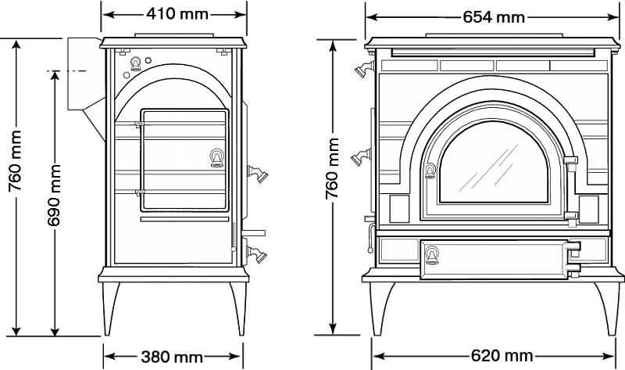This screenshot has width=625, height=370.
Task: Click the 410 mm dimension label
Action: pyautogui.click(x=177, y=14)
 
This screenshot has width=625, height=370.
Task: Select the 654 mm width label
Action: pyautogui.click(x=494, y=17)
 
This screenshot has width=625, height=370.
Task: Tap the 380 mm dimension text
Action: pyautogui.click(x=172, y=357)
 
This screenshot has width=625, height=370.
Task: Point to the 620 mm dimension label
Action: pyautogui.click(x=502, y=355)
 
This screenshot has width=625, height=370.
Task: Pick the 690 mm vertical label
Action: pyautogui.click(x=54, y=196)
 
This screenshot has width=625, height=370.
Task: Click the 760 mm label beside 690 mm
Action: pyautogui.click(x=15, y=161)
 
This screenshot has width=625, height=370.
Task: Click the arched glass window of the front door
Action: pyautogui.click(x=494, y=163)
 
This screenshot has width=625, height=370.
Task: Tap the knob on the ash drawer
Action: pyautogui.click(x=432, y=256)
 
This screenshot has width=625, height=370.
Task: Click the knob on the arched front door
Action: pyautogui.click(x=430, y=171)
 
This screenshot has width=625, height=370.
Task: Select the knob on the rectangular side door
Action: pyautogui.click(x=217, y=158)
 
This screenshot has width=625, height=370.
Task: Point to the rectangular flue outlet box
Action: pyautogui.click(x=83, y=74)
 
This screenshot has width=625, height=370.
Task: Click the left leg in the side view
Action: pyautogui.click(x=110, y=309)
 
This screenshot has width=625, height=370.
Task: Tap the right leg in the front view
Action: pyautogui.click(x=608, y=308)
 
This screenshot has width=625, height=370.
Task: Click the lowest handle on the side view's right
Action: pyautogui.click(x=256, y=254)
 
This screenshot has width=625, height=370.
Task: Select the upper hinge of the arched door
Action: pyautogui.click(x=571, y=160)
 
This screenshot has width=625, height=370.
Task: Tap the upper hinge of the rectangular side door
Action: pyautogui.click(x=140, y=124)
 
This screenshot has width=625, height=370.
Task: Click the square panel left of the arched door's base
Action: pyautogui.click(x=399, y=209)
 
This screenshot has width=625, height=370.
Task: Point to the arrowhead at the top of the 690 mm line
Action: pyautogui.click(x=55, y=75)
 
